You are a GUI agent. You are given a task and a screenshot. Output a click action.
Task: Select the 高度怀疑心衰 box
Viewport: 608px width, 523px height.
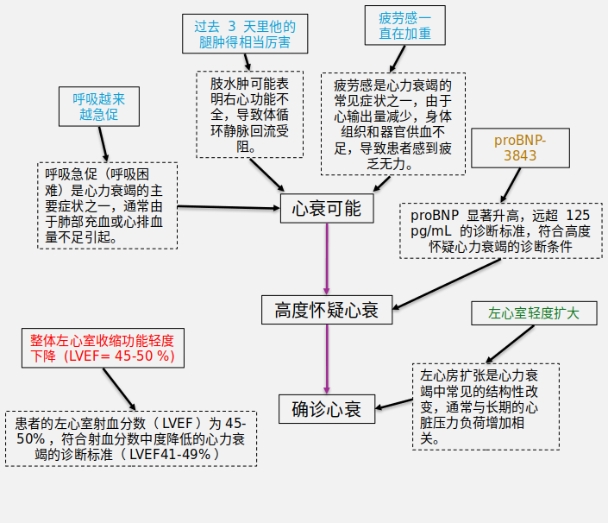click(x=327, y=309)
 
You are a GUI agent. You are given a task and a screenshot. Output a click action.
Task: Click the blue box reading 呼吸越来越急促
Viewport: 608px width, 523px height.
click(x=97, y=106)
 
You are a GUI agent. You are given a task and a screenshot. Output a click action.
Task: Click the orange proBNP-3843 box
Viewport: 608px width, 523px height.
click(x=520, y=148)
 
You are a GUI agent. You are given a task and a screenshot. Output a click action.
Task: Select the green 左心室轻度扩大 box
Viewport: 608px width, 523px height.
click(x=534, y=312)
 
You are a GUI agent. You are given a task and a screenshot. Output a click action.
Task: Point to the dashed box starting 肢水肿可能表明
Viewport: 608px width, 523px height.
click(x=250, y=114)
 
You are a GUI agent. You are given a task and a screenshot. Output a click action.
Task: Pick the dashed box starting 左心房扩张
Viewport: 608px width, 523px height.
click(x=485, y=406)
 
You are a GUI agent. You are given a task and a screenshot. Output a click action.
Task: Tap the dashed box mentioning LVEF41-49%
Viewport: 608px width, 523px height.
click(x=131, y=438)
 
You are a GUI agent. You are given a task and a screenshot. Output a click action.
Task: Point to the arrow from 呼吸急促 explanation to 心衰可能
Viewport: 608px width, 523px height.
click(x=229, y=207)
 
